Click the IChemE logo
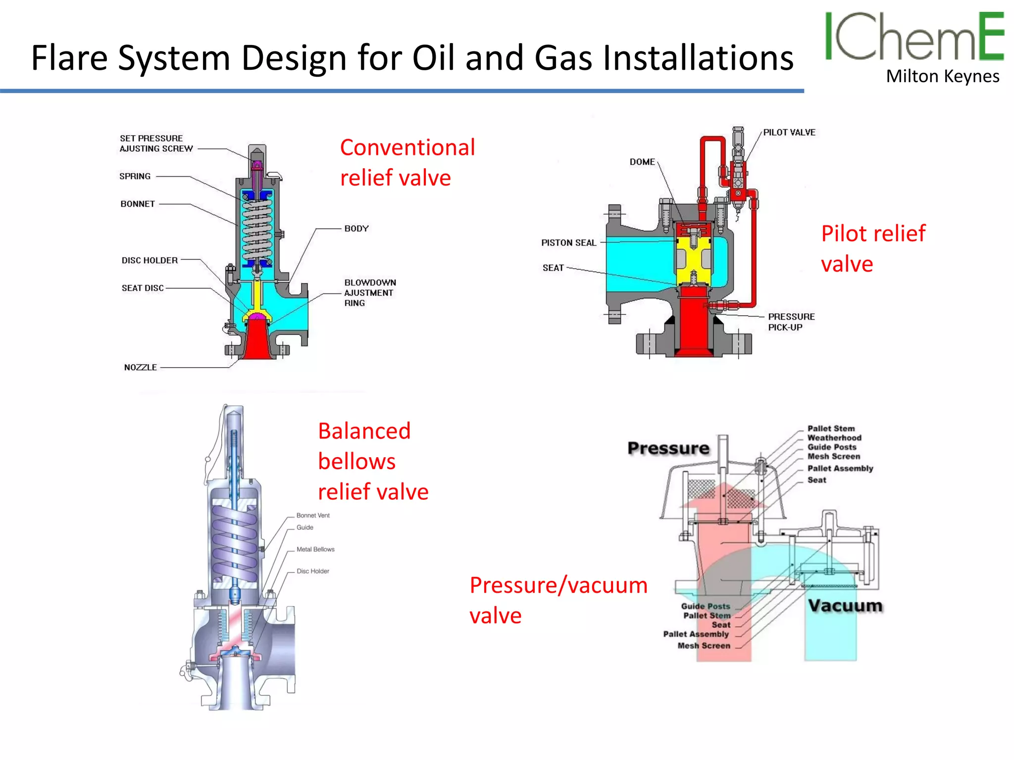coord(914,37)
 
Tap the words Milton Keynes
coord(942,77)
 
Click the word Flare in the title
coord(69,58)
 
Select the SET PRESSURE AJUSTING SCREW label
coord(156,143)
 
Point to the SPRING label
coord(135,176)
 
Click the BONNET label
coord(138,204)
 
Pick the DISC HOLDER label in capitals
coord(150,260)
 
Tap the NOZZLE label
coord(141,367)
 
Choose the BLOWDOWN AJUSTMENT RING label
coord(370,292)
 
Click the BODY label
coord(356,229)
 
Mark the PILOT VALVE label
coord(789,133)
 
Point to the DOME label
coord(642,162)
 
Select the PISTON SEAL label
coord(568,243)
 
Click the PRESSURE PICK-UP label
coord(791,322)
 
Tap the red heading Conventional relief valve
coord(407,162)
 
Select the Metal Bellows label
coord(315,549)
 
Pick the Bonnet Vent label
coord(313,516)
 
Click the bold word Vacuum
coord(845,606)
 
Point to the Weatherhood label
coord(834,438)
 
